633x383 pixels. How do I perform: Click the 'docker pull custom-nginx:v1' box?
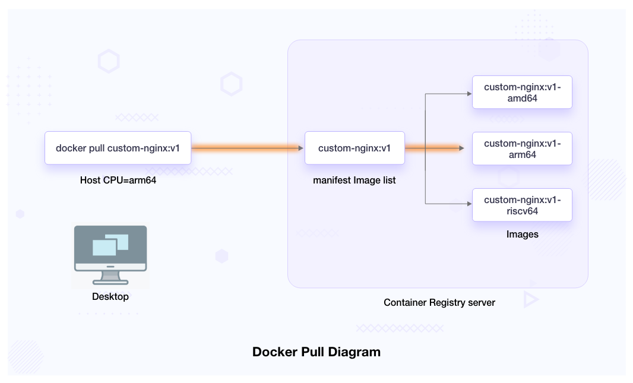(x=118, y=148)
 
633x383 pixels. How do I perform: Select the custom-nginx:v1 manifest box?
(x=355, y=148)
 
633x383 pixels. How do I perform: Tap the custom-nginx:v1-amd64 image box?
(x=522, y=93)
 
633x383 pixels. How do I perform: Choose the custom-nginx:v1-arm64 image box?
(x=522, y=148)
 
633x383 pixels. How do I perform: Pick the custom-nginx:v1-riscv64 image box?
(x=522, y=205)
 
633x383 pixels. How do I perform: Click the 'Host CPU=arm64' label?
(x=118, y=180)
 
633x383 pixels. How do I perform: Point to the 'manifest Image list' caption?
(x=355, y=180)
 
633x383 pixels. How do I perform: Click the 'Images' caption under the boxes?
(x=522, y=235)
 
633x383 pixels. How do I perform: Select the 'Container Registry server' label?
(x=439, y=302)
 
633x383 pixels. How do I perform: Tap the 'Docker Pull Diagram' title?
(x=316, y=352)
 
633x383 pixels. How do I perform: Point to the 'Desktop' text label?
(x=110, y=296)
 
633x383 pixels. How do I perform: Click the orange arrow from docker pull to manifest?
(x=247, y=148)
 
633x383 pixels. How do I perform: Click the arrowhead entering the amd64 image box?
(x=469, y=93)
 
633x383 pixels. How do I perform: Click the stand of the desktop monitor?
(x=110, y=277)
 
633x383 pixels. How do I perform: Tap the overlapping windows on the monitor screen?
(x=110, y=244)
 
